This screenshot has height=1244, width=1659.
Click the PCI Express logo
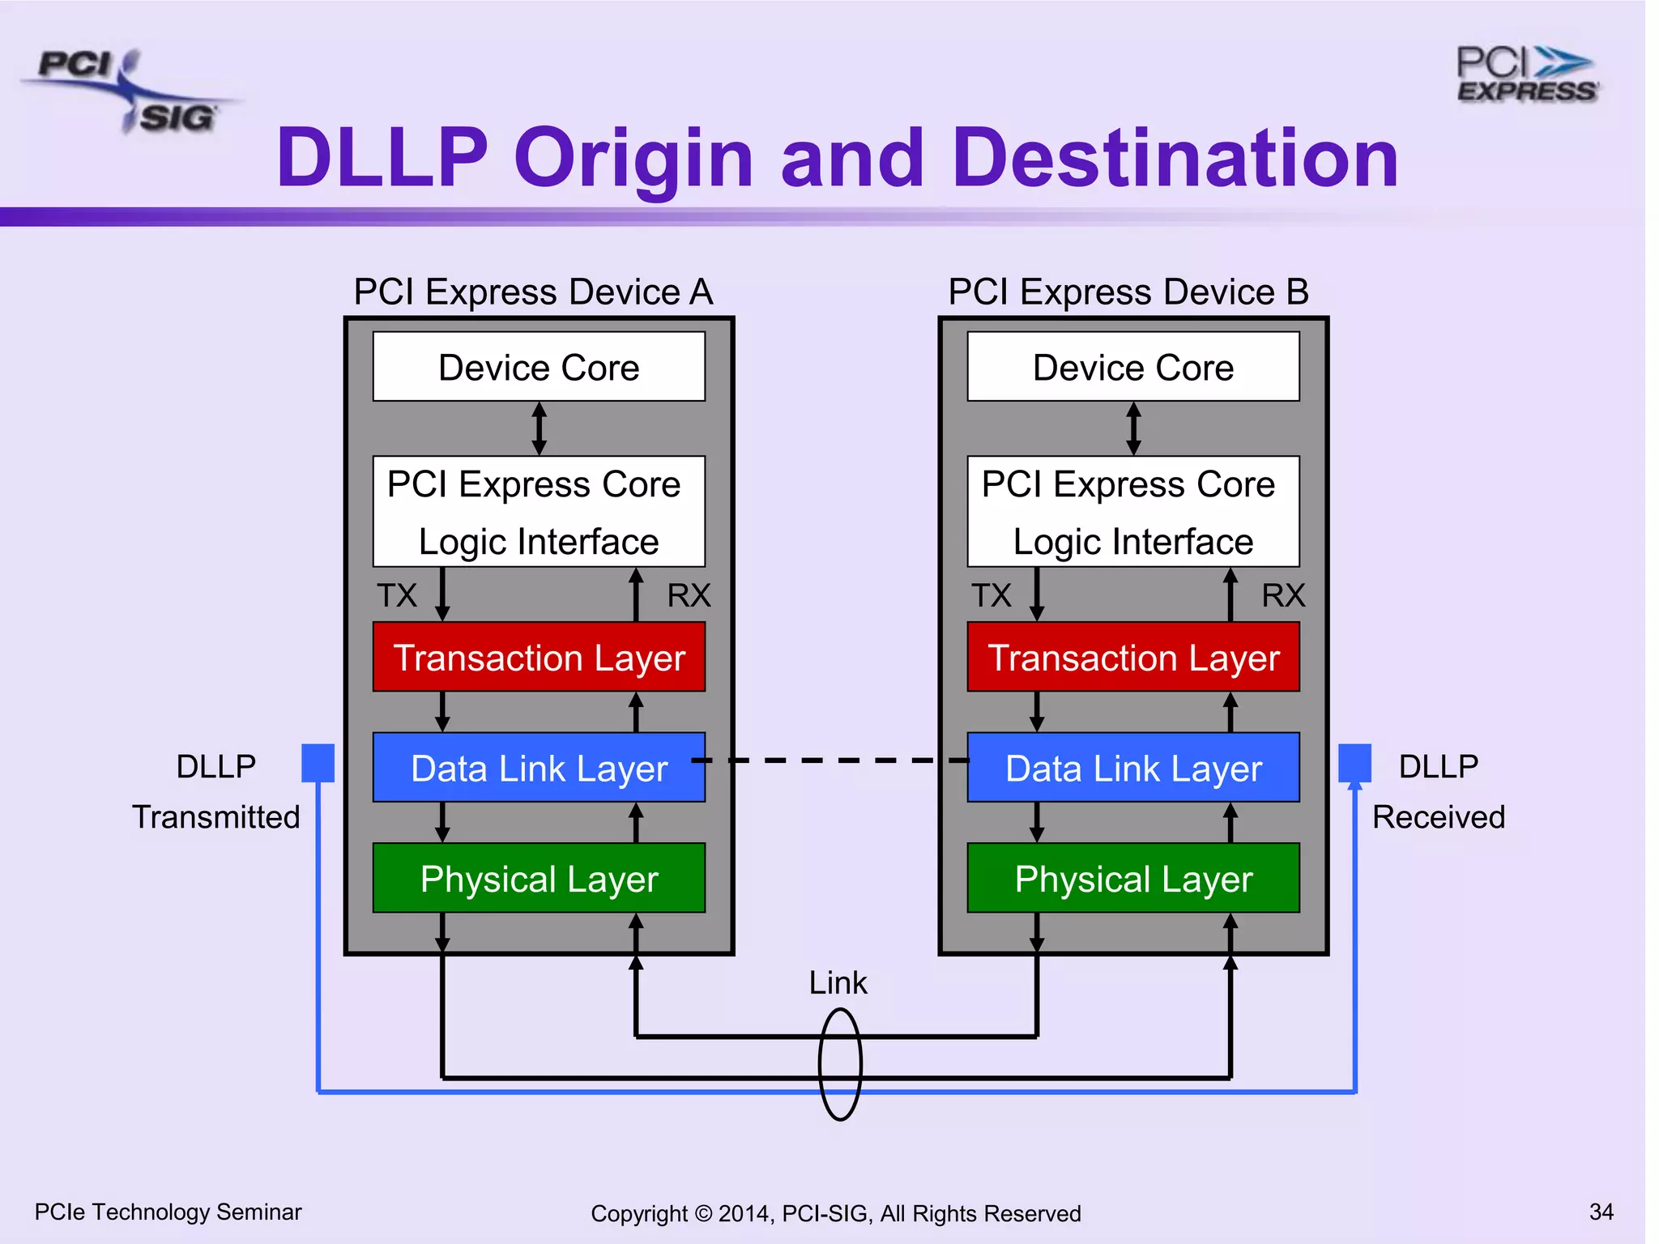tap(1526, 75)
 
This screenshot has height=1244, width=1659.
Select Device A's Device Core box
tap(539, 367)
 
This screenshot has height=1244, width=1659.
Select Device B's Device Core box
tap(1132, 367)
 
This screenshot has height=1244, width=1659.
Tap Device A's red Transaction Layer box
tap(539, 657)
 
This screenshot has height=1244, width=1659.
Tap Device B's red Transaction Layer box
tap(1132, 657)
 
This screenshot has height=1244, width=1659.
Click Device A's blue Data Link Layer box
tap(539, 768)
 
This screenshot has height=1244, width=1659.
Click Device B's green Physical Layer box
tap(1132, 878)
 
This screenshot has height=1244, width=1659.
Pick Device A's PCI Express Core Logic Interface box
tap(539, 512)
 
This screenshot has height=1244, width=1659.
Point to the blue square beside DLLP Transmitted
tap(318, 763)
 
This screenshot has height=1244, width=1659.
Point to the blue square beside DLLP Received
tap(1354, 763)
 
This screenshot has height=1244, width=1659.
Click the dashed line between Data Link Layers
tap(834, 760)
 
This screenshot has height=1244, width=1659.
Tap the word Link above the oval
tap(838, 982)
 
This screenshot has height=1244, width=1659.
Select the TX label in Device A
tap(397, 595)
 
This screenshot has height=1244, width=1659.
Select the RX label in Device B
tap(1282, 595)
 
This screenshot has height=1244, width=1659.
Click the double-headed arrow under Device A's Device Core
tap(539, 428)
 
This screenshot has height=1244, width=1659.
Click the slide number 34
tap(1601, 1212)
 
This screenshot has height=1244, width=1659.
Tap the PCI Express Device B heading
tap(1128, 292)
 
